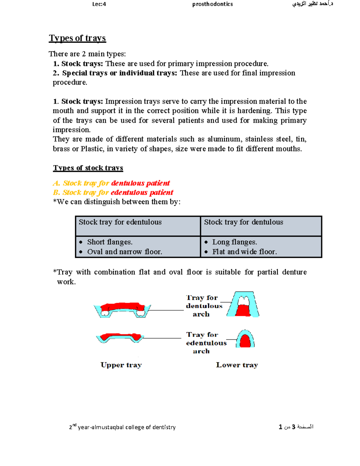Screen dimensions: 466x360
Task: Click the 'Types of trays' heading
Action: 77,38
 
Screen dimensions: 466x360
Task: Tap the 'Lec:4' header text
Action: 99,4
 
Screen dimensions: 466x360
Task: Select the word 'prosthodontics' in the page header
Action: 212,4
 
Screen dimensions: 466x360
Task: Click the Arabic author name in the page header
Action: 313,4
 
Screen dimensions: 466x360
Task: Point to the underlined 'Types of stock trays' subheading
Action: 88,168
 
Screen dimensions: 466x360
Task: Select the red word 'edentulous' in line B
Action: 129,192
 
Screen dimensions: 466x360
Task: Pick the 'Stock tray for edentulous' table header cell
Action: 120,222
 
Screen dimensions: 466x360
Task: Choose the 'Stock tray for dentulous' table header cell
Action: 244,222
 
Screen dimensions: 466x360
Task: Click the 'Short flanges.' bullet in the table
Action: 110,242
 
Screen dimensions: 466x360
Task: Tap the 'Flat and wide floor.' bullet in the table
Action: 244,252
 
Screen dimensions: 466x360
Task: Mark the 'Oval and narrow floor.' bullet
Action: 124,252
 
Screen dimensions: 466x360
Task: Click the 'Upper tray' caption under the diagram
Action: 121,365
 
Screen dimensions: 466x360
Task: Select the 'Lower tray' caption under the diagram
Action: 237,365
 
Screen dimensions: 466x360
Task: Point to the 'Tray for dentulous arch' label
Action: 204,306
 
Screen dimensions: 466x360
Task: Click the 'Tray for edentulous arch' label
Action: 206,343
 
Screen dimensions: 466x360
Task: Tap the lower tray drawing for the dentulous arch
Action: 243,305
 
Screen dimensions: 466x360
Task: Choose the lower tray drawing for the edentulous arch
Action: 245,339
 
